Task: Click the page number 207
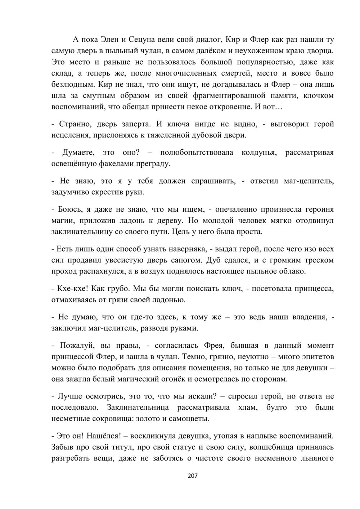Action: click(x=193, y=476)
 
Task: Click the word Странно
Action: click(x=77, y=124)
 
